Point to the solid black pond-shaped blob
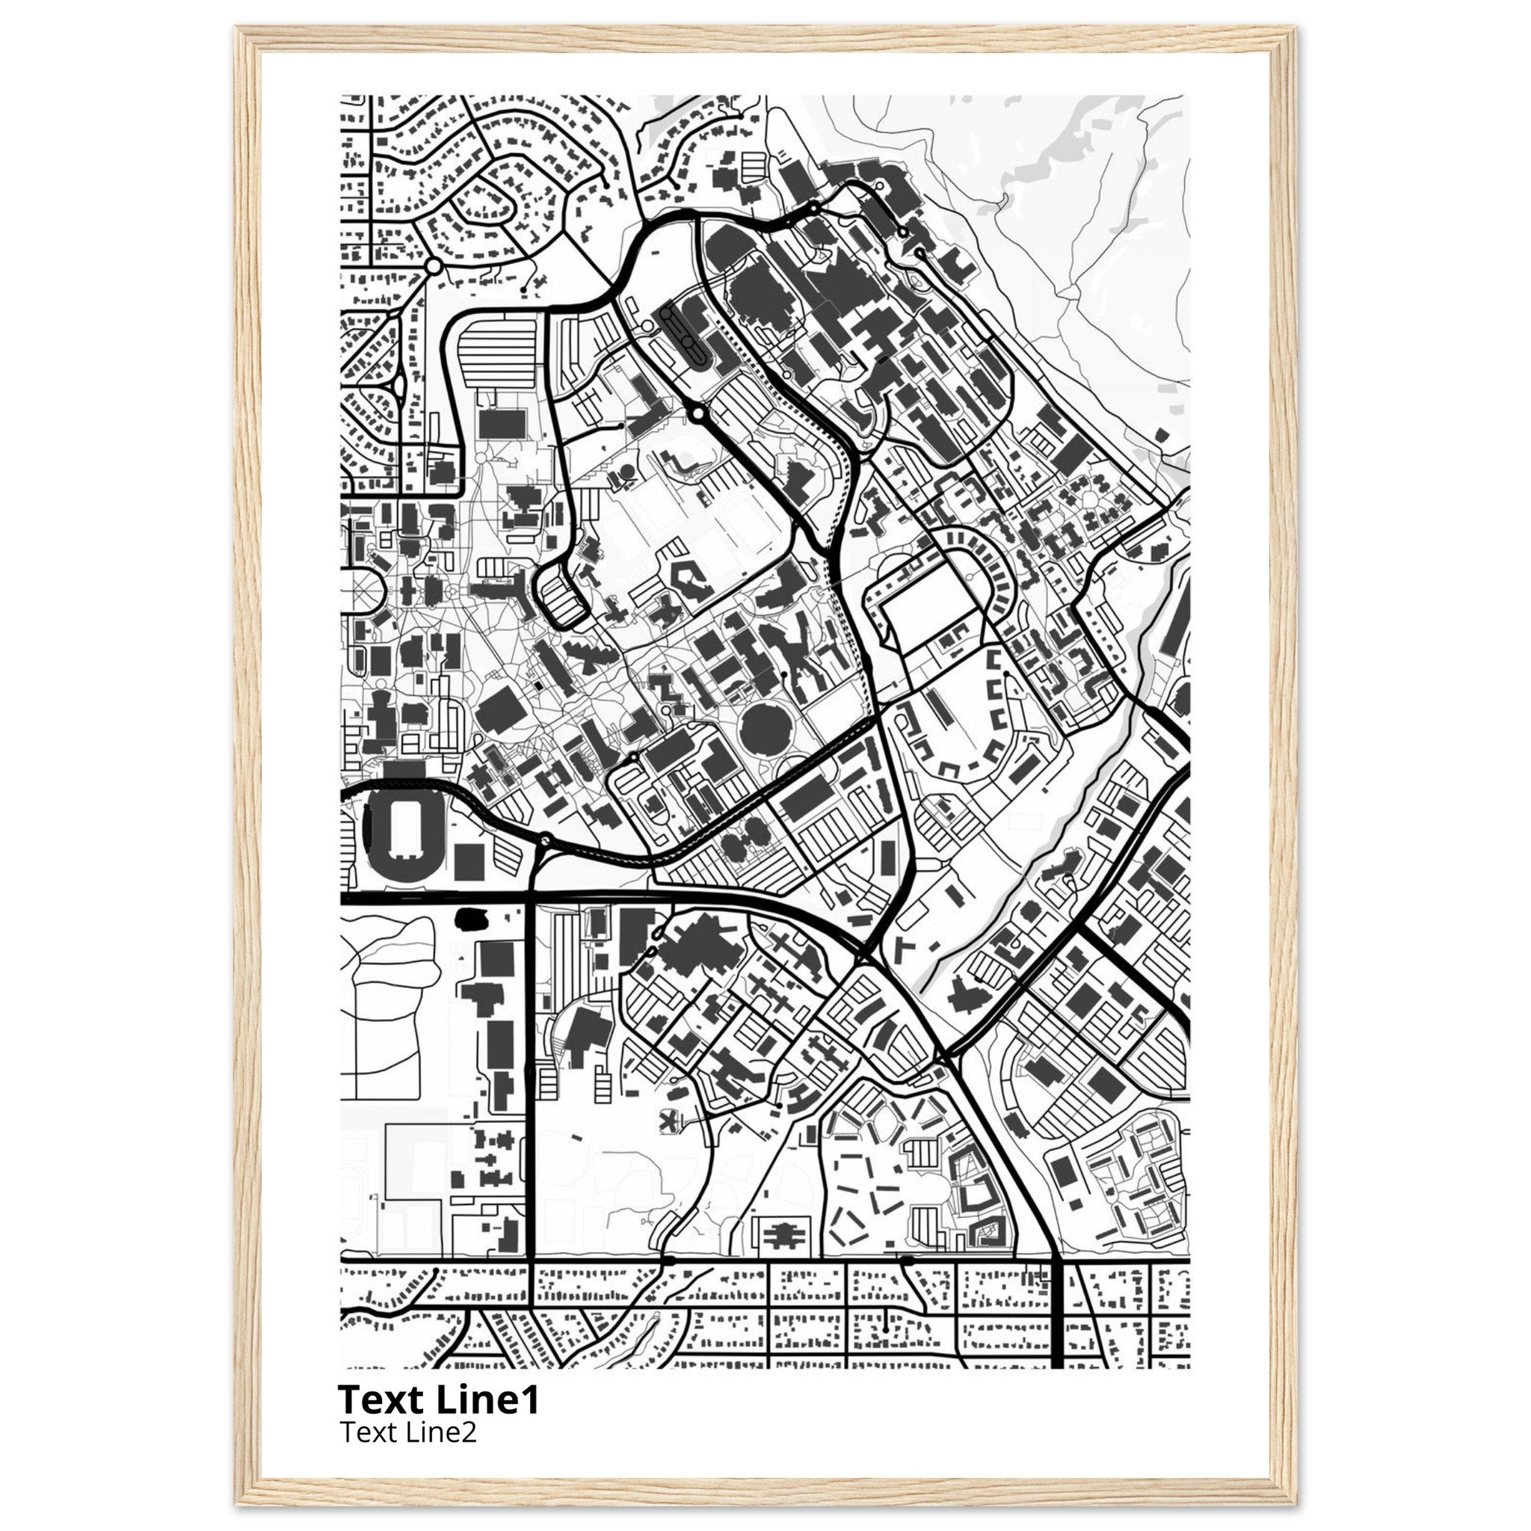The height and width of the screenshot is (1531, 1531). point(471,919)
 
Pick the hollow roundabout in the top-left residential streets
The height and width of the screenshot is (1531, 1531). point(433,266)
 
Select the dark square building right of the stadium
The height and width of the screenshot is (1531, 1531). point(470,861)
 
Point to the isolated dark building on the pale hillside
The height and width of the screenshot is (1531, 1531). point(1162,434)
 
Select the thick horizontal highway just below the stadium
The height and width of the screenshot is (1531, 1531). point(436,899)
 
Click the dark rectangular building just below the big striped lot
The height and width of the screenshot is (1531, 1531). point(502,424)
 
